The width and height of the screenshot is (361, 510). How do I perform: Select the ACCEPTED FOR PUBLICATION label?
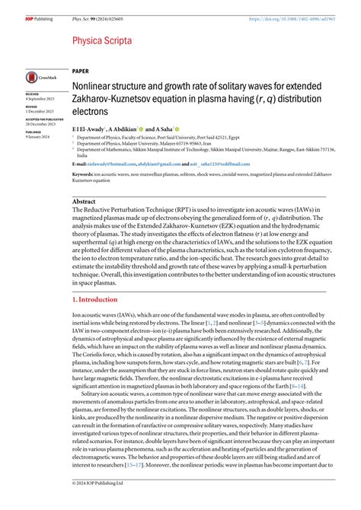(44, 120)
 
